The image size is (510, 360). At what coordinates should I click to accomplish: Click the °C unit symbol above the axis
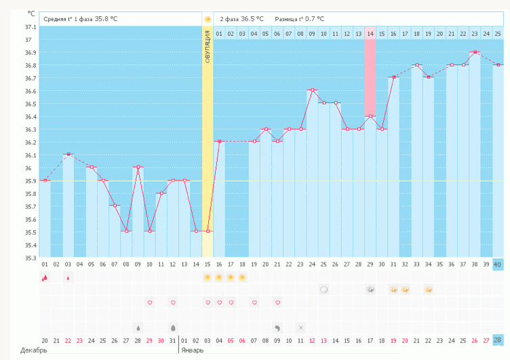tap(31, 13)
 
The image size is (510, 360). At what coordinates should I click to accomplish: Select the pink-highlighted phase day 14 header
tap(370, 33)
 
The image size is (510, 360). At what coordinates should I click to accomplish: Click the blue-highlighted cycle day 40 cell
tap(498, 264)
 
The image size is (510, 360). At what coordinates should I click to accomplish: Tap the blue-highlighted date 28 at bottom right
tap(498, 340)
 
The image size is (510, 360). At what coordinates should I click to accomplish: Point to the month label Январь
tap(193, 351)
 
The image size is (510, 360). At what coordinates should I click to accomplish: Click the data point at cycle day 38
tap(475, 52)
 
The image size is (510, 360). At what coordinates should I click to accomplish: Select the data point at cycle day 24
tap(312, 90)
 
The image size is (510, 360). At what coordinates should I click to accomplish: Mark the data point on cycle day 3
tap(68, 155)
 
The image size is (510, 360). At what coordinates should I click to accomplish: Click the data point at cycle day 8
tap(126, 231)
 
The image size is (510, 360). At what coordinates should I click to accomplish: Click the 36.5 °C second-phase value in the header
tap(252, 19)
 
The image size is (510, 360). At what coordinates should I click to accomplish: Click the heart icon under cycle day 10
tap(149, 302)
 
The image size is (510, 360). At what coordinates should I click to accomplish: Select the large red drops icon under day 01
tap(45, 277)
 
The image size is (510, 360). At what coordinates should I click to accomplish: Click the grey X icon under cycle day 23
tap(300, 327)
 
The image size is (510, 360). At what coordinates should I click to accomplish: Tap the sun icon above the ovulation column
tap(208, 19)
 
